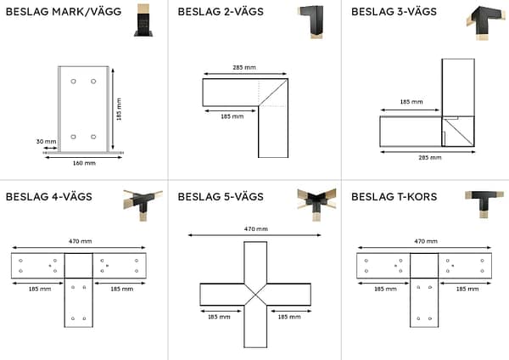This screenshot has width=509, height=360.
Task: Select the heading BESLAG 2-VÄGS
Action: tap(220, 12)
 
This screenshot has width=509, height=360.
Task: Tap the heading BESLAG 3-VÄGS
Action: tap(393, 12)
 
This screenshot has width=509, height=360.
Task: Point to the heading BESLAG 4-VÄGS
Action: tap(48, 197)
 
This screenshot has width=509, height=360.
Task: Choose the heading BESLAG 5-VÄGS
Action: tap(221, 197)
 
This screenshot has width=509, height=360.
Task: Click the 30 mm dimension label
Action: tap(46, 142)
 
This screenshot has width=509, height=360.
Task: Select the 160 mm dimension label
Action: tap(83, 162)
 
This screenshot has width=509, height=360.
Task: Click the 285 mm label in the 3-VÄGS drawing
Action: tap(411, 157)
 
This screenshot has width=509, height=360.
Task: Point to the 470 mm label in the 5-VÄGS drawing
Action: tap(255, 228)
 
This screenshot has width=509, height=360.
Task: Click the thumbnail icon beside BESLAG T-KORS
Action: tap(484, 203)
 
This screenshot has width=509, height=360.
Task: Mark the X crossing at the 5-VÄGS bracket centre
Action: tap(255, 294)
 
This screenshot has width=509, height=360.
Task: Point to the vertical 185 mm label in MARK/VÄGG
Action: tap(120, 108)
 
